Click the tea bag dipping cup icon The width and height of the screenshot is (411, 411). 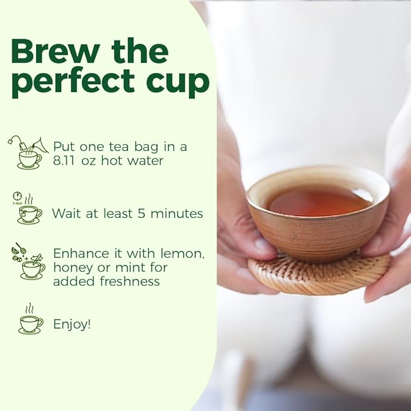[x=27, y=153]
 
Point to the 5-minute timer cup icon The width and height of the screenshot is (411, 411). [x=28, y=209]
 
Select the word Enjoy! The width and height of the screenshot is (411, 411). [x=72, y=324]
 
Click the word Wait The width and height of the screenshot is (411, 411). [x=66, y=213]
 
